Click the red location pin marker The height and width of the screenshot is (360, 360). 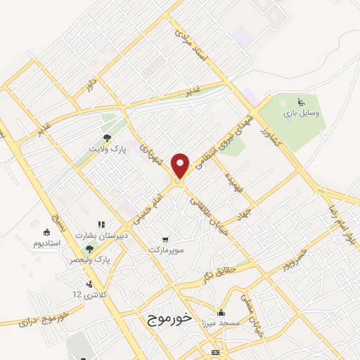(181, 165)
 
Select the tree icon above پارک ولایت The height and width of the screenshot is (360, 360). (107, 138)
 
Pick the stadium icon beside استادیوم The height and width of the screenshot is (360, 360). (47, 232)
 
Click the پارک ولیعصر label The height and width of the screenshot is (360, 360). (84, 259)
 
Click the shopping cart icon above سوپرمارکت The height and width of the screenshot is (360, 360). (165, 239)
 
